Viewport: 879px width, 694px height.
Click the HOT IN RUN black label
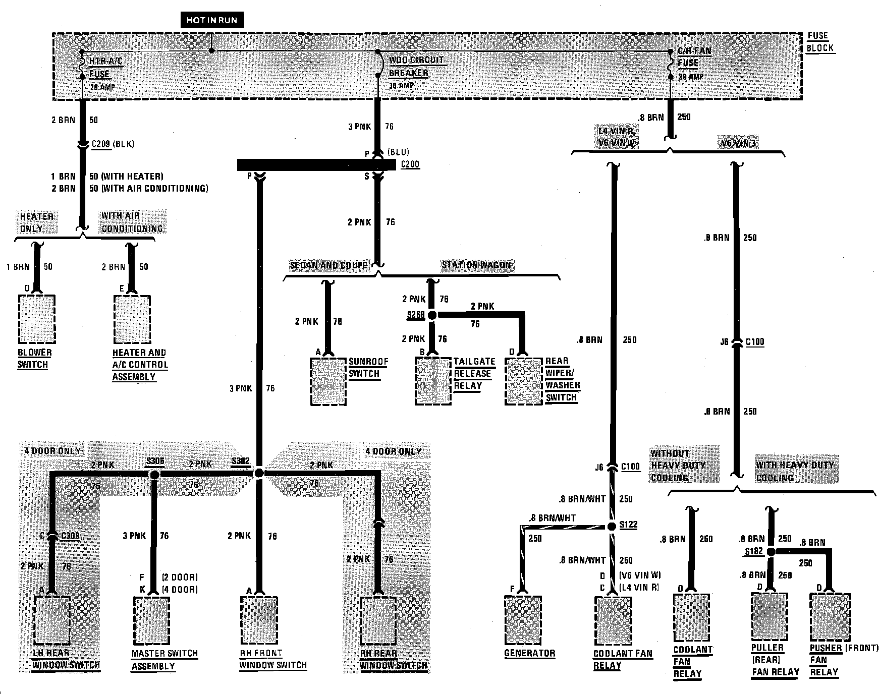click(212, 20)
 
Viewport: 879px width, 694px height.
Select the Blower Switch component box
click(36, 319)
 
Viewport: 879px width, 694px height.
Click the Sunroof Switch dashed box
click(328, 381)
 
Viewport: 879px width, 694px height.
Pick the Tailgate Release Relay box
click(433, 381)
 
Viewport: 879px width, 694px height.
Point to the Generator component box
click(523, 620)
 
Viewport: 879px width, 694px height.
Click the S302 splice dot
click(259, 473)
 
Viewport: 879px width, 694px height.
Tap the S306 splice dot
click(155, 475)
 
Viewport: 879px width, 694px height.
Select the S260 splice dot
click(432, 315)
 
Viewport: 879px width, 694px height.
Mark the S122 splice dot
click(612, 526)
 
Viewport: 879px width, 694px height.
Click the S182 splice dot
click(771, 552)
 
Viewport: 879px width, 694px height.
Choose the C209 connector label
click(101, 145)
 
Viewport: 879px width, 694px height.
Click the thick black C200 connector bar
click(316, 165)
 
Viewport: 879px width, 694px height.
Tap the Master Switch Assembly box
click(151, 621)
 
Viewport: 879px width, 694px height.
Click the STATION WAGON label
click(476, 265)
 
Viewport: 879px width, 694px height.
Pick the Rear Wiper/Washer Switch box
click(523, 381)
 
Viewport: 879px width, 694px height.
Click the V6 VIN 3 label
click(738, 144)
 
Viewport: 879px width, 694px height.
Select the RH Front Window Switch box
click(259, 621)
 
